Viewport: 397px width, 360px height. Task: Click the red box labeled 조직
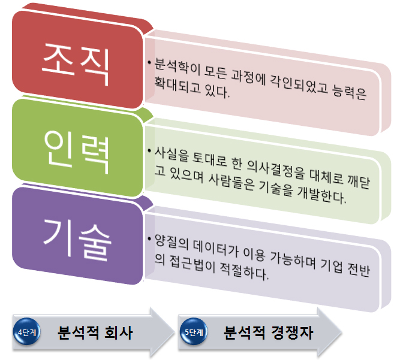[77, 60]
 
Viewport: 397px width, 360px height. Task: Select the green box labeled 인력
[77, 148]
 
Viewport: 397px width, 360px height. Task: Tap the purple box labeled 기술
[77, 236]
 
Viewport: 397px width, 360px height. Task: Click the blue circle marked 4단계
[26, 332]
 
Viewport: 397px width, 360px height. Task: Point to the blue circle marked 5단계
[194, 332]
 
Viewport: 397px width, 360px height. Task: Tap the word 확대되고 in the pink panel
[178, 85]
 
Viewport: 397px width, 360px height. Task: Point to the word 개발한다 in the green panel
[321, 195]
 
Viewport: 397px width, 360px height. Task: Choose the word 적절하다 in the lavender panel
[243, 271]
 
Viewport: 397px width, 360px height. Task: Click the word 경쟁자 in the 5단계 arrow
[292, 332]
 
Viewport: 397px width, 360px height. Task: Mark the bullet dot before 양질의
[150, 238]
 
